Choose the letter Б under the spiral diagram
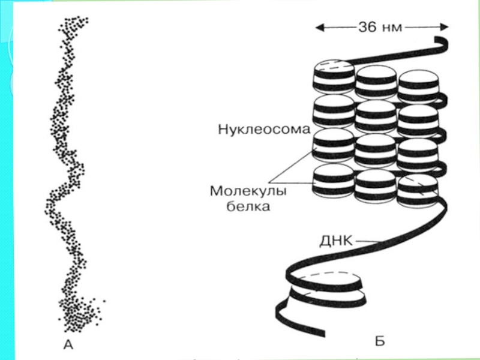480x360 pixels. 380,342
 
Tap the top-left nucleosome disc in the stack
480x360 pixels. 332,78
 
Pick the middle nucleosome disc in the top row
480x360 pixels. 375,82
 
